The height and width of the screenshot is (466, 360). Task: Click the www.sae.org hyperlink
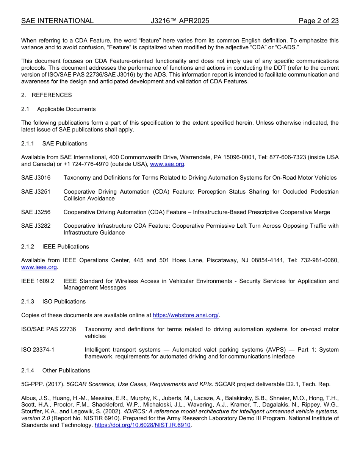[167, 164]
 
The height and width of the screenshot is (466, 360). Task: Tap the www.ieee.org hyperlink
[39, 267]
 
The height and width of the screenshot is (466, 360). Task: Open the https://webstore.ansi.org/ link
[186, 315]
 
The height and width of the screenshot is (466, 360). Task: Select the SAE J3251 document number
[36, 192]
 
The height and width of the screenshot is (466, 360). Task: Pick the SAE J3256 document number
[36, 212]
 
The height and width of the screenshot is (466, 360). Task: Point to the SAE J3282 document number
[36, 226]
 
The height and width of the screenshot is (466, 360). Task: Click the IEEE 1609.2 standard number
[38, 281]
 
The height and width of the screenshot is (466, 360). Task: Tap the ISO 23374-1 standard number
[38, 350]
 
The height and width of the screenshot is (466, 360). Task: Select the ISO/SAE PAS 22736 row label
[49, 329]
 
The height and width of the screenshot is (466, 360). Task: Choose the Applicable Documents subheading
[66, 109]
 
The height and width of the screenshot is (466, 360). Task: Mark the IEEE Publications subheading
[66, 247]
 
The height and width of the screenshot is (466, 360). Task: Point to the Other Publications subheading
[66, 371]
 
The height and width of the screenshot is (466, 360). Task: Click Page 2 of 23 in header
[318, 21]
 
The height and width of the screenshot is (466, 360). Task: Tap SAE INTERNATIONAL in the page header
[57, 21]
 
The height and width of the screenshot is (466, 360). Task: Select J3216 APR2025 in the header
[180, 21]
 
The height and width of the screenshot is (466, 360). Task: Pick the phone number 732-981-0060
[319, 260]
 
